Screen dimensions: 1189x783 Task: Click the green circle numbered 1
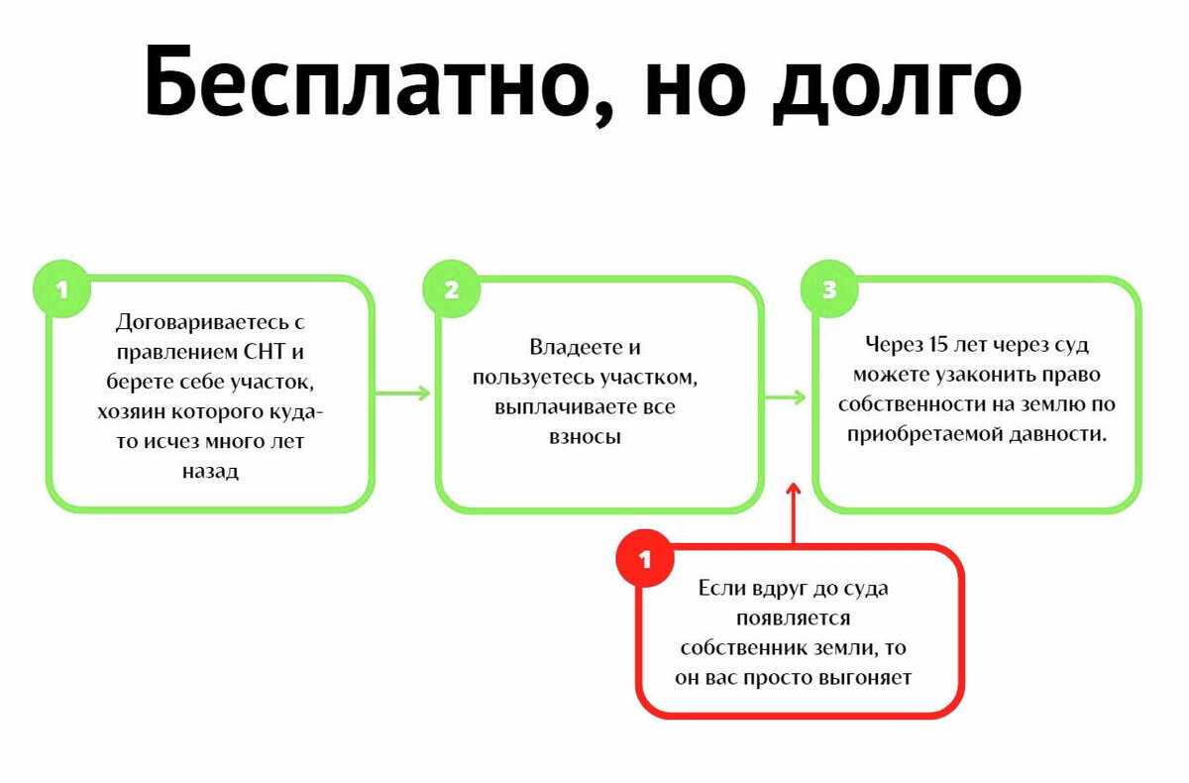point(63,290)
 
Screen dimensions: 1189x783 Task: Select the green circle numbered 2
point(452,290)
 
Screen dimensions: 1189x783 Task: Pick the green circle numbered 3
point(829,290)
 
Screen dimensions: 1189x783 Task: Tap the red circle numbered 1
point(646,561)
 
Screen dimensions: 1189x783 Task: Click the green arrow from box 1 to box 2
point(404,393)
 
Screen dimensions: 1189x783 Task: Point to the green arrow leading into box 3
point(787,397)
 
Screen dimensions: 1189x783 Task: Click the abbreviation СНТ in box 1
point(268,352)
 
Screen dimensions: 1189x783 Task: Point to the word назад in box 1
point(210,472)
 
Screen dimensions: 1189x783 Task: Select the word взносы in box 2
point(585,437)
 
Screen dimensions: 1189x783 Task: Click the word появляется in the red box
point(793,617)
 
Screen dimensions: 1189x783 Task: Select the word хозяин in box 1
point(130,411)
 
